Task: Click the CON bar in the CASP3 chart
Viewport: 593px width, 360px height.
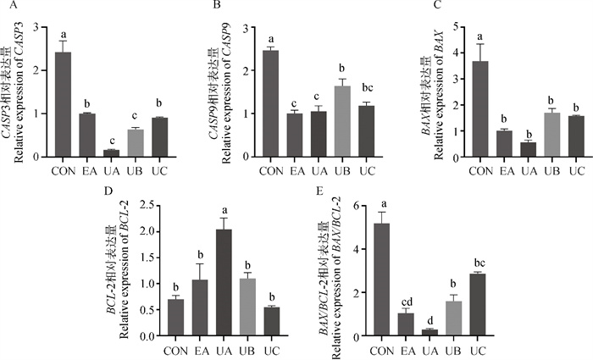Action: click(63, 104)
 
